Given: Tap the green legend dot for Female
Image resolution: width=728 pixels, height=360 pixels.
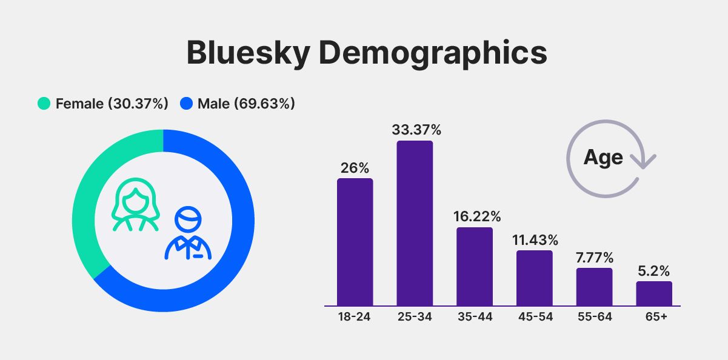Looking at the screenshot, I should click(44, 104).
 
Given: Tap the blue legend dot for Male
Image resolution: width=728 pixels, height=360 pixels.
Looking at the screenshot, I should click(186, 104).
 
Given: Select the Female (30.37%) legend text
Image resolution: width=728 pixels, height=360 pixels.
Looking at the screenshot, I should click(112, 104).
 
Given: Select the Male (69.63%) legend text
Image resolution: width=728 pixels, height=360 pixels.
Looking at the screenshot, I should click(246, 104).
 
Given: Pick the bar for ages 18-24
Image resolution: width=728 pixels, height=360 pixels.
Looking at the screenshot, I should click(355, 242).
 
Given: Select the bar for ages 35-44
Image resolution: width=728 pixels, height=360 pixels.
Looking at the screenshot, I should click(474, 267).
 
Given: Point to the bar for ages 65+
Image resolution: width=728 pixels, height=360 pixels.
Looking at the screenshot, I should click(654, 293).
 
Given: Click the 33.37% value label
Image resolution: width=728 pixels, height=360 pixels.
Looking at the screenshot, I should click(416, 130).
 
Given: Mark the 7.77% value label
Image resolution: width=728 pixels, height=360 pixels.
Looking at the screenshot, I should click(594, 258).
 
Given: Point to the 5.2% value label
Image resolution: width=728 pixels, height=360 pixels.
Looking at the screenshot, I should click(654, 271).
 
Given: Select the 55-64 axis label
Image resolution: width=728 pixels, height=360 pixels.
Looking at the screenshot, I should click(594, 316).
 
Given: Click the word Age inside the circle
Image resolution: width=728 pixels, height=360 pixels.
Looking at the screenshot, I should click(603, 158).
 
